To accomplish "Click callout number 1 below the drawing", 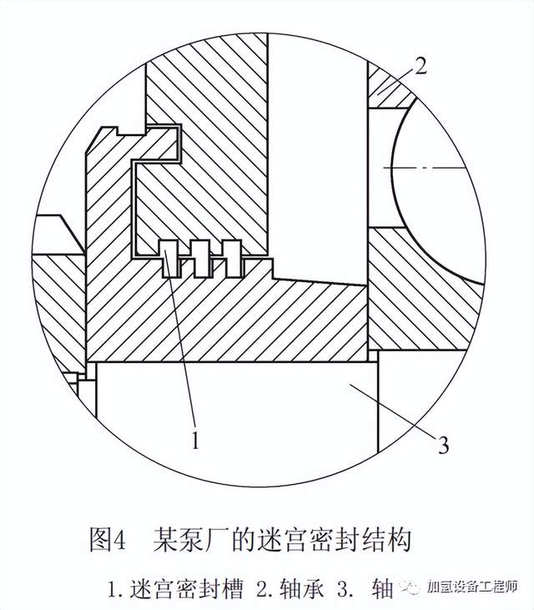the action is point(195,439).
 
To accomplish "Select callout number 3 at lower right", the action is point(443,445).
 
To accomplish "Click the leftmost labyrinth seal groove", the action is point(170,259).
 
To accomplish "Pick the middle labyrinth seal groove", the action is point(201,259).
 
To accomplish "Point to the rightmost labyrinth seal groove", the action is point(233,259).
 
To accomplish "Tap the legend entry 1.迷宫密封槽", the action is point(175,589).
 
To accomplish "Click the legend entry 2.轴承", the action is point(290,589).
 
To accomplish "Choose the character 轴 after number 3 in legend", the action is point(382,589).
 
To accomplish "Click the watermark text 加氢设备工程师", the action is point(471,587).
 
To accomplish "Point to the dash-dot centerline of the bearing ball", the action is point(424,167).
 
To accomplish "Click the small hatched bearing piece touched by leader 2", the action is point(390,86).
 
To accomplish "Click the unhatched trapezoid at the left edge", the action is point(59,234).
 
